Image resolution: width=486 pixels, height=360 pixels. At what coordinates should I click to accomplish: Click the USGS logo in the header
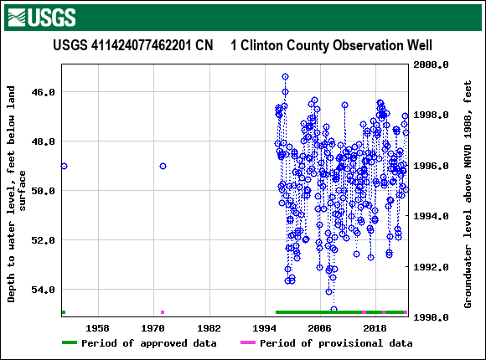coord(40,17)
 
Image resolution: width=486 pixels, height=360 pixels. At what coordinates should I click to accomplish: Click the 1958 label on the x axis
coord(98,328)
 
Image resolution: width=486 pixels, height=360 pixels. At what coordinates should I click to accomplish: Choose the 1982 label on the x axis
coord(209,328)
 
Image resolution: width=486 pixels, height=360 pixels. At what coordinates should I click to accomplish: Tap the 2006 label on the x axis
coord(319,328)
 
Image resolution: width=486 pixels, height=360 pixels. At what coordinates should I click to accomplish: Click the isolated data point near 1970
coord(163,166)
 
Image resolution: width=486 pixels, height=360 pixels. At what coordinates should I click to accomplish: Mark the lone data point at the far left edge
coord(64,166)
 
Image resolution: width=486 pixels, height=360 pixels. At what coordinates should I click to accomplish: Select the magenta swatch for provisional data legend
coord(247,343)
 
